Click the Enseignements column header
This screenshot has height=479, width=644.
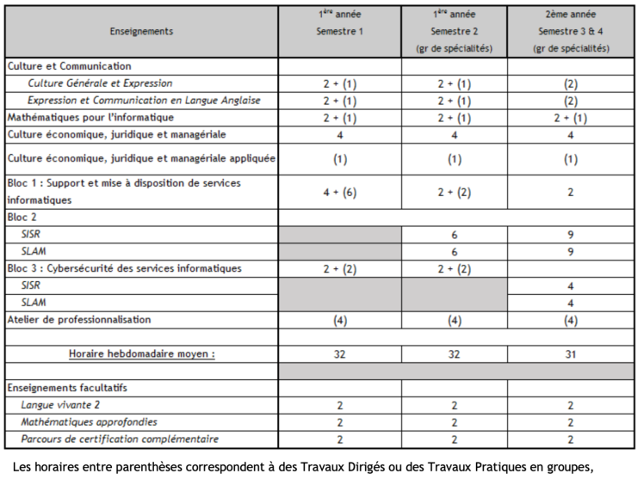141,31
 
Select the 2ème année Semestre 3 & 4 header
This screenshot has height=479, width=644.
571,31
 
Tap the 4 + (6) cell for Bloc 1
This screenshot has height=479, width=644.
339,192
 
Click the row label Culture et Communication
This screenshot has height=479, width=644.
70,65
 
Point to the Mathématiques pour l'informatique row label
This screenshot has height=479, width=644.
91,117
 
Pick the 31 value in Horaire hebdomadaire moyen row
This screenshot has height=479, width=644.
571,353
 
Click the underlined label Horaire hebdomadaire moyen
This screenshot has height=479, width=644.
141,353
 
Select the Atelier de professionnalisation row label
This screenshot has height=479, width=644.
78,320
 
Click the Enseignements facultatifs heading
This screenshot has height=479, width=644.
67,388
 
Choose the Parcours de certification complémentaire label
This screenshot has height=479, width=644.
120,439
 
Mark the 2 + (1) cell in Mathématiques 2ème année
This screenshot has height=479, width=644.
571,117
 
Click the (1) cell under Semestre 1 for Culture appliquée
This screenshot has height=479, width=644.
339,159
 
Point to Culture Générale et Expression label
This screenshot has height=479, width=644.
100,83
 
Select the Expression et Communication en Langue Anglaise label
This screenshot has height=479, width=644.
144,101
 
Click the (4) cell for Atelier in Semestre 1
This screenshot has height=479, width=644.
339,320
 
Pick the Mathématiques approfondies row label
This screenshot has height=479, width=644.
90,422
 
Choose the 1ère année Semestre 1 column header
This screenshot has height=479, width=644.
339,22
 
